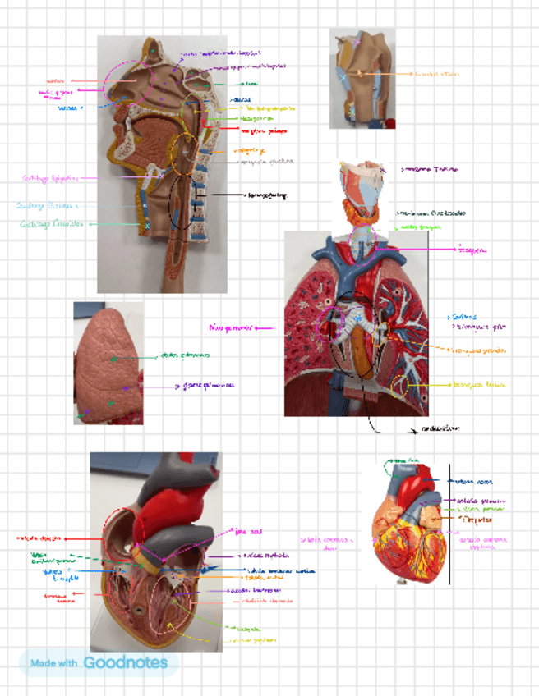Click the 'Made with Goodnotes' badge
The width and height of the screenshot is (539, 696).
(x=99, y=663)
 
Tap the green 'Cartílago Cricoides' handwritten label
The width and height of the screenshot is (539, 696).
(x=51, y=223)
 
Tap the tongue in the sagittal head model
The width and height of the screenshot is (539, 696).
(x=156, y=131)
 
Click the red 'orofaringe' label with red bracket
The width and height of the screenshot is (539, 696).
(x=261, y=130)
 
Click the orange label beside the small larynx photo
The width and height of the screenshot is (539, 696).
(x=435, y=74)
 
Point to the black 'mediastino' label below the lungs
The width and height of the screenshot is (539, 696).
(x=439, y=428)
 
